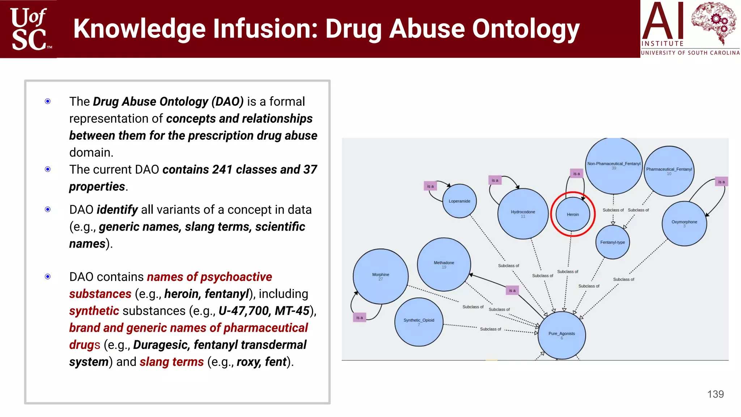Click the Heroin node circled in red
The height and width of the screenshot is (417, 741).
point(573,214)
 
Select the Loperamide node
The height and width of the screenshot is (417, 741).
point(460,201)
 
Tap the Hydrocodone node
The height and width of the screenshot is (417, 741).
point(523,214)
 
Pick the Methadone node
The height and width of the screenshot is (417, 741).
point(444,265)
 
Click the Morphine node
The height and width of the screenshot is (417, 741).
point(381,277)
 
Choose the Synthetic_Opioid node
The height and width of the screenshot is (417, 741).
point(419,322)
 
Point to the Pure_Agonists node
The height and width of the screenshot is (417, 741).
point(562,335)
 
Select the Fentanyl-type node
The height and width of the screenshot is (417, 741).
point(613,242)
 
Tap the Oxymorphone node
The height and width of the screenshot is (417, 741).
point(684,223)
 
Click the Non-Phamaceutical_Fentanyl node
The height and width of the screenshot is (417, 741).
point(614,165)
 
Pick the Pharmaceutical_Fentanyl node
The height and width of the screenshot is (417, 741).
point(669,171)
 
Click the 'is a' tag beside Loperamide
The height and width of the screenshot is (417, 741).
point(430,186)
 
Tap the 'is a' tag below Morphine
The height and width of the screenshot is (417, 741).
point(360,317)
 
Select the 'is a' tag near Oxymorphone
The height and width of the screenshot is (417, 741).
point(721,182)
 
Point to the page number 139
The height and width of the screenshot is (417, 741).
point(715,394)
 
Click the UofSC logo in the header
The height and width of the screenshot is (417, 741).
point(29,29)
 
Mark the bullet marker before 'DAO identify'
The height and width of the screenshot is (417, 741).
point(48,210)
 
